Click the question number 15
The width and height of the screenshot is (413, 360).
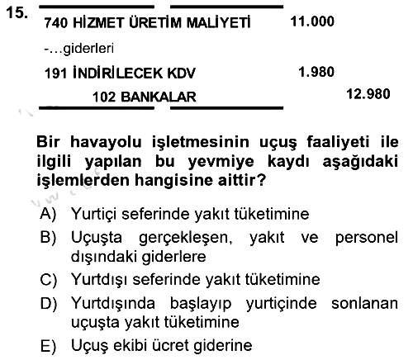(x=17, y=12)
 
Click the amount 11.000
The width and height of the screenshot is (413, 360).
(x=312, y=21)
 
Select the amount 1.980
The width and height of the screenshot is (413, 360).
(x=316, y=72)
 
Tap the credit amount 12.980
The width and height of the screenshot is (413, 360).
(x=368, y=94)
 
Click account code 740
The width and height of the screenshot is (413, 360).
(x=55, y=22)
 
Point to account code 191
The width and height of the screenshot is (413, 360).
(x=55, y=73)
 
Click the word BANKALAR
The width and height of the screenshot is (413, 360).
(x=159, y=97)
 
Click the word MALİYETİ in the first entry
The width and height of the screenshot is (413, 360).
(x=218, y=22)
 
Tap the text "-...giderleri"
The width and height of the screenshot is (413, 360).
(x=78, y=49)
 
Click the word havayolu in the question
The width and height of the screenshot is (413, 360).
(x=106, y=143)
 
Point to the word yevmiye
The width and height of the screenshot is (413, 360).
(x=221, y=162)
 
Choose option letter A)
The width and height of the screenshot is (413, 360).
(x=48, y=214)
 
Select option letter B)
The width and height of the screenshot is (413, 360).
(x=48, y=237)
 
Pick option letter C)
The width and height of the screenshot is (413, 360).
(x=48, y=280)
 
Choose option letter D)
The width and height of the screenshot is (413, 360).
(x=49, y=304)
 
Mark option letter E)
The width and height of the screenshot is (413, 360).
(x=48, y=346)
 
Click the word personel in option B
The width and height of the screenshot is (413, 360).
(x=367, y=238)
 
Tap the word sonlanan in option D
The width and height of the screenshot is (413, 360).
(x=364, y=303)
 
